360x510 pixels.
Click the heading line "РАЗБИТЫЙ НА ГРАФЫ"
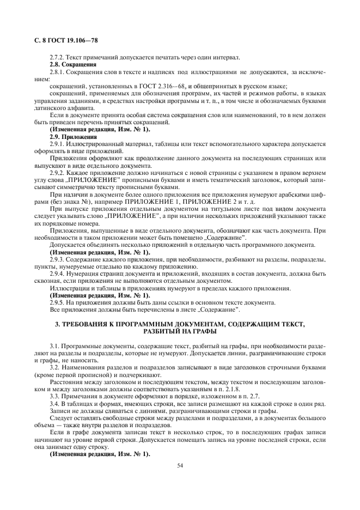point(180,331)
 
